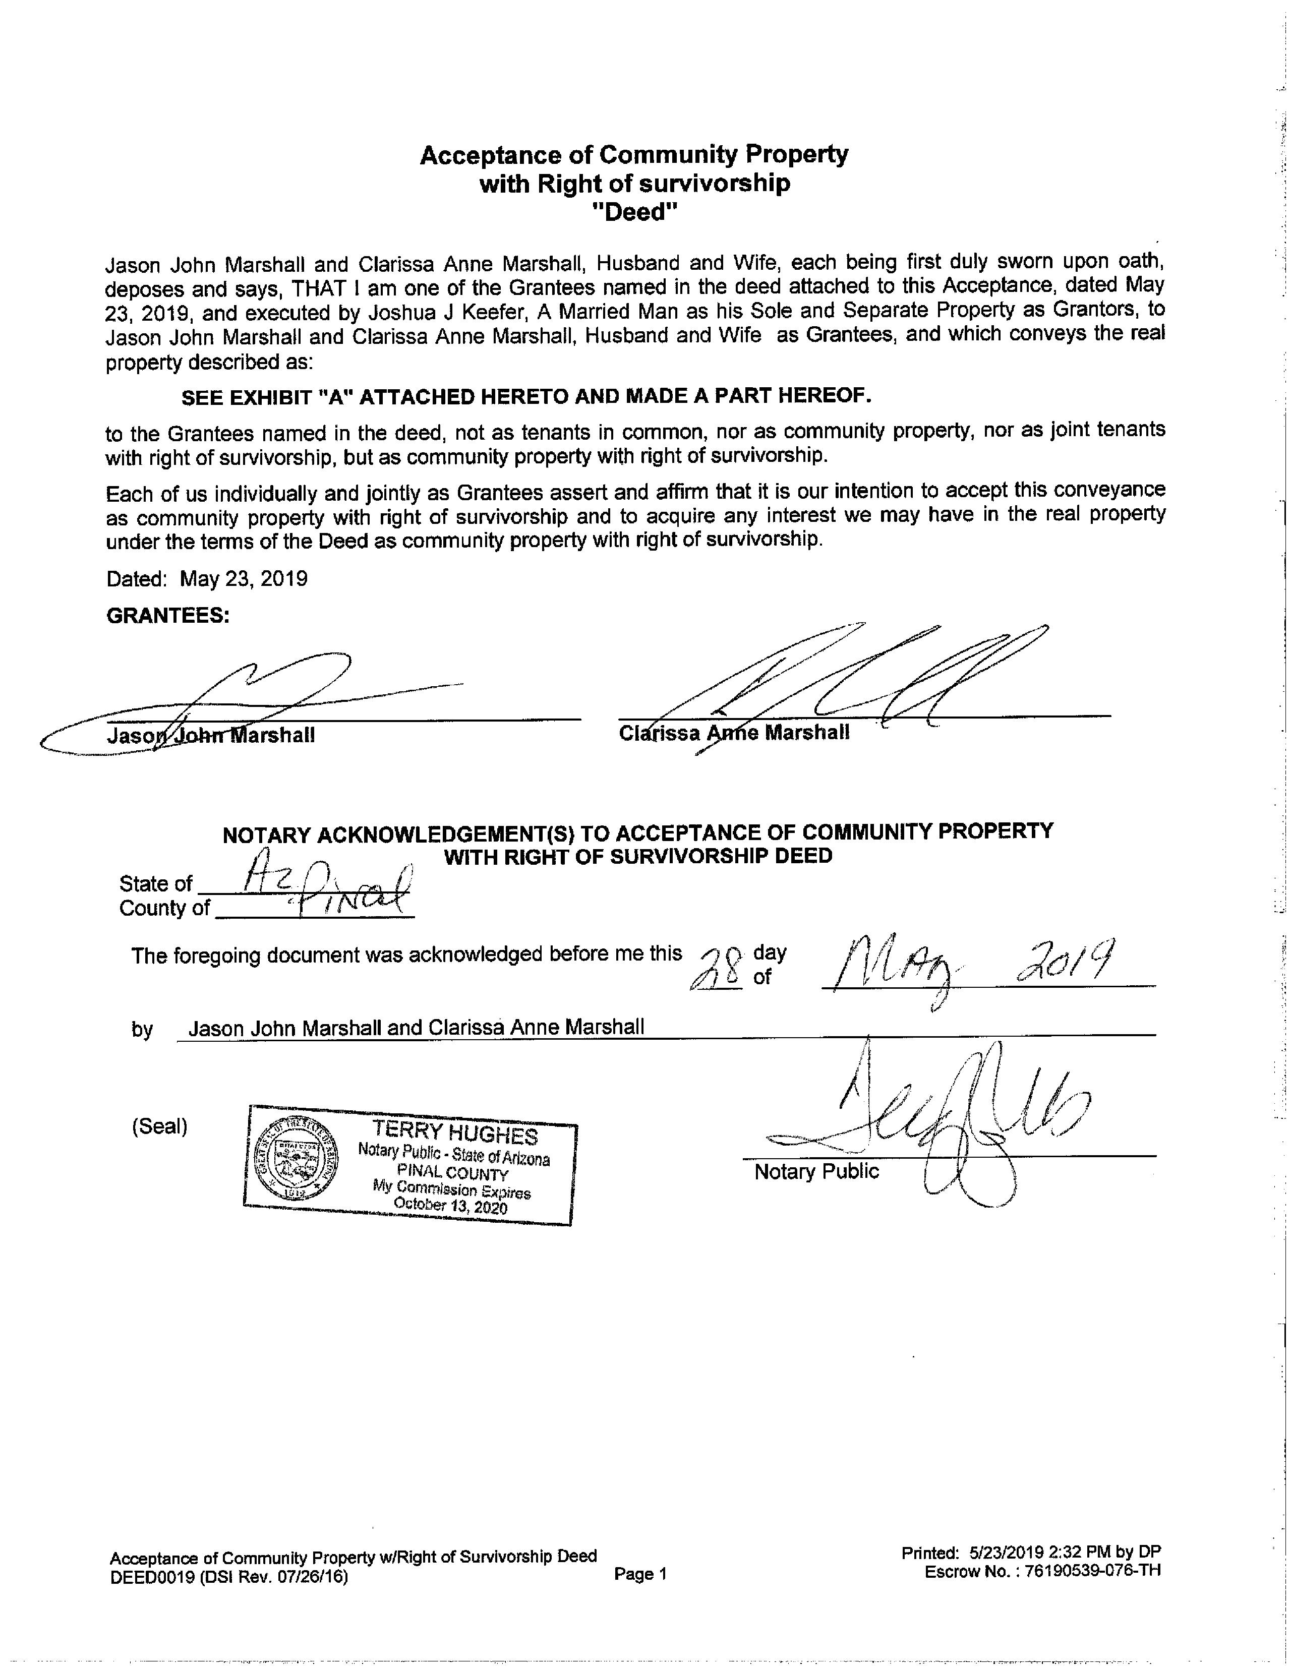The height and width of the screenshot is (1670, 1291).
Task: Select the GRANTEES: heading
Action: (167, 616)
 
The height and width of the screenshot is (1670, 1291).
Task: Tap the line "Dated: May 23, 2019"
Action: (206, 579)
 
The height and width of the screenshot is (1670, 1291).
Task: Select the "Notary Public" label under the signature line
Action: (816, 1171)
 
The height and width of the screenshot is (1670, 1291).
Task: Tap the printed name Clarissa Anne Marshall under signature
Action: (733, 733)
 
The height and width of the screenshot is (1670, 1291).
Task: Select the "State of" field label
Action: (155, 884)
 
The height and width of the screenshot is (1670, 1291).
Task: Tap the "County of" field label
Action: (164, 909)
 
